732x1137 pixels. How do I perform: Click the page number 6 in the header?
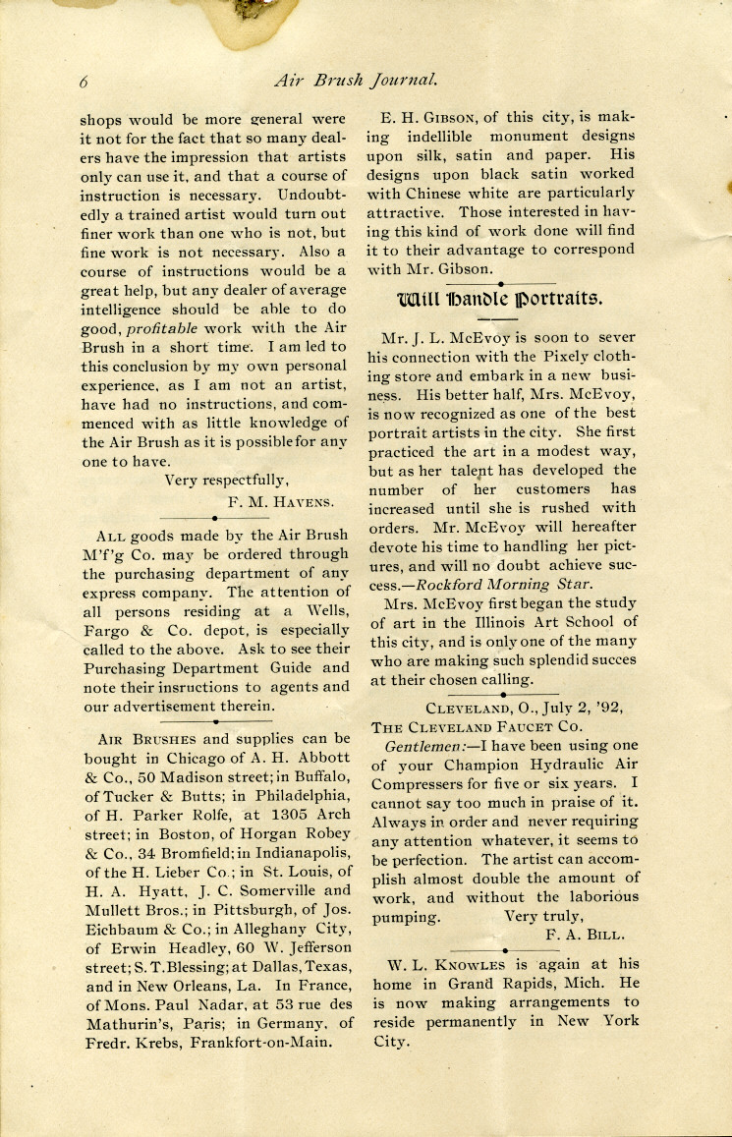[85, 81]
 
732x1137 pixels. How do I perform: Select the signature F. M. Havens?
[280, 501]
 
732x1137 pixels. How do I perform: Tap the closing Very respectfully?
[226, 481]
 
